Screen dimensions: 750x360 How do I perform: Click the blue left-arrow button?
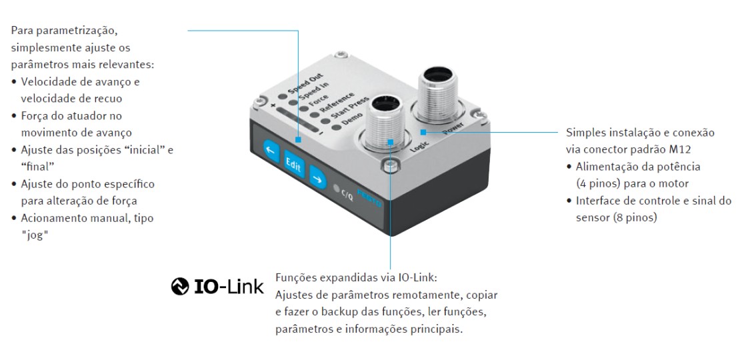point(271,153)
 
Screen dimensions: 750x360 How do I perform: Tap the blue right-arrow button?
point(317,177)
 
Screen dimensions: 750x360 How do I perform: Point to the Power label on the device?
point(452,129)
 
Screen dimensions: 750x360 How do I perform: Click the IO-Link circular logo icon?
point(180,287)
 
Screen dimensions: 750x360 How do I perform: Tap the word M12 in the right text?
point(680,149)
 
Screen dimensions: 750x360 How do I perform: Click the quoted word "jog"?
point(35,235)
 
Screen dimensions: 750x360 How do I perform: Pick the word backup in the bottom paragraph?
point(343,313)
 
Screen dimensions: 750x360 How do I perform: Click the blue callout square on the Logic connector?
point(391,141)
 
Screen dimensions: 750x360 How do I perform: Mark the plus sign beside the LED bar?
point(273,105)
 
